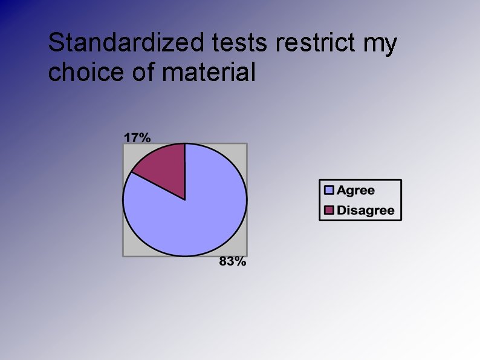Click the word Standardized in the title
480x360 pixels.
coord(127,44)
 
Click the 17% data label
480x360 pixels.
coord(137,137)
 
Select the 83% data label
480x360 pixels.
coord(232,261)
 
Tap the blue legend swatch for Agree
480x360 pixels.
coord(329,191)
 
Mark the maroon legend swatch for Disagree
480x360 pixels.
coord(329,211)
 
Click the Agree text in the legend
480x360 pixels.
coord(355,191)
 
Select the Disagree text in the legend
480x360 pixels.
coord(365,211)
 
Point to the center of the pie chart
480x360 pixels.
coord(185,200)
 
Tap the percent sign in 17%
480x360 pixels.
coord(144,137)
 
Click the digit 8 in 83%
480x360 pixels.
coord(222,261)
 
